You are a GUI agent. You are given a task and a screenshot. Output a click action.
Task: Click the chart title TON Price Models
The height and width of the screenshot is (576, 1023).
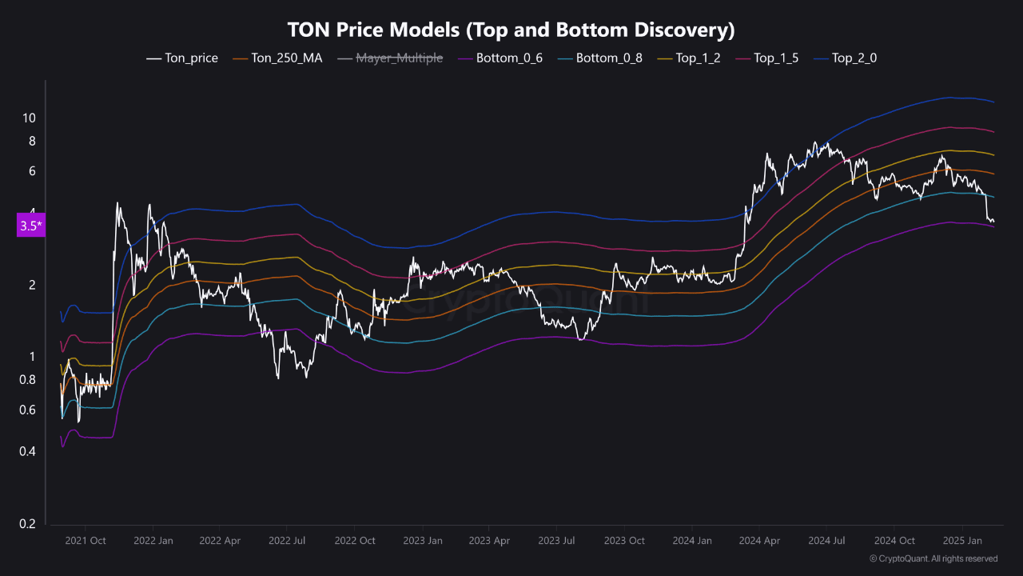pyautogui.click(x=511, y=30)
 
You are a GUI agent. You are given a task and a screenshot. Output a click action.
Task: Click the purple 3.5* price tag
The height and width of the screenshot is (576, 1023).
pyautogui.click(x=30, y=226)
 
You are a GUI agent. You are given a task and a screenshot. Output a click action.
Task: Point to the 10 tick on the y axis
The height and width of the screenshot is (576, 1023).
pyautogui.click(x=29, y=118)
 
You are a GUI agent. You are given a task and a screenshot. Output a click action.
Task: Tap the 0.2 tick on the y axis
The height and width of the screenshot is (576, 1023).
pyautogui.click(x=28, y=524)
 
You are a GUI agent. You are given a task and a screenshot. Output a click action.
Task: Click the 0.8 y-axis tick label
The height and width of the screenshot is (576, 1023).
pyautogui.click(x=28, y=380)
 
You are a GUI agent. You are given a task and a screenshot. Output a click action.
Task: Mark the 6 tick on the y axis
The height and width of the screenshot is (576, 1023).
pyautogui.click(x=32, y=171)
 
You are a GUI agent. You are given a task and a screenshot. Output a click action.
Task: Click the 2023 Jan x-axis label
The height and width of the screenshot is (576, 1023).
pyautogui.click(x=423, y=541)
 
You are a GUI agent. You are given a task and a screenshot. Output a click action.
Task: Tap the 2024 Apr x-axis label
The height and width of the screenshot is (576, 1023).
pyautogui.click(x=762, y=541)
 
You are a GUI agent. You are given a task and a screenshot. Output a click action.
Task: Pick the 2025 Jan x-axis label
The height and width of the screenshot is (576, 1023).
pyautogui.click(x=962, y=541)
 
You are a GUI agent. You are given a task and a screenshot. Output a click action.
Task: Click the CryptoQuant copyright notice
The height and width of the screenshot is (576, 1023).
pyautogui.click(x=933, y=558)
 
